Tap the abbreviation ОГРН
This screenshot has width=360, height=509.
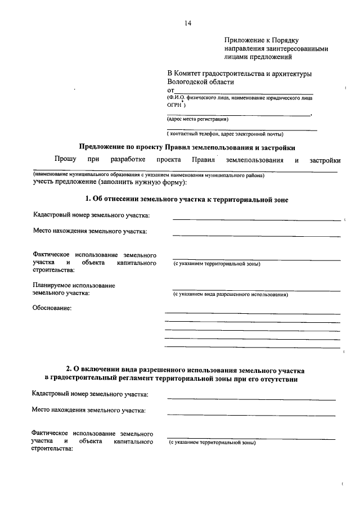174,105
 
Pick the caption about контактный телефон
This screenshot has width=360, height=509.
225,134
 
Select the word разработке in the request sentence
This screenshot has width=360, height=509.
128,160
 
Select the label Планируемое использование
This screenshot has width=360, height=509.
74,286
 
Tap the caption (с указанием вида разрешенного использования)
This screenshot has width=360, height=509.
229,294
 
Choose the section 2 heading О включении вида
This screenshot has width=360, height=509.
186,371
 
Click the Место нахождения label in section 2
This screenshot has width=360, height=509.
89,411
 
